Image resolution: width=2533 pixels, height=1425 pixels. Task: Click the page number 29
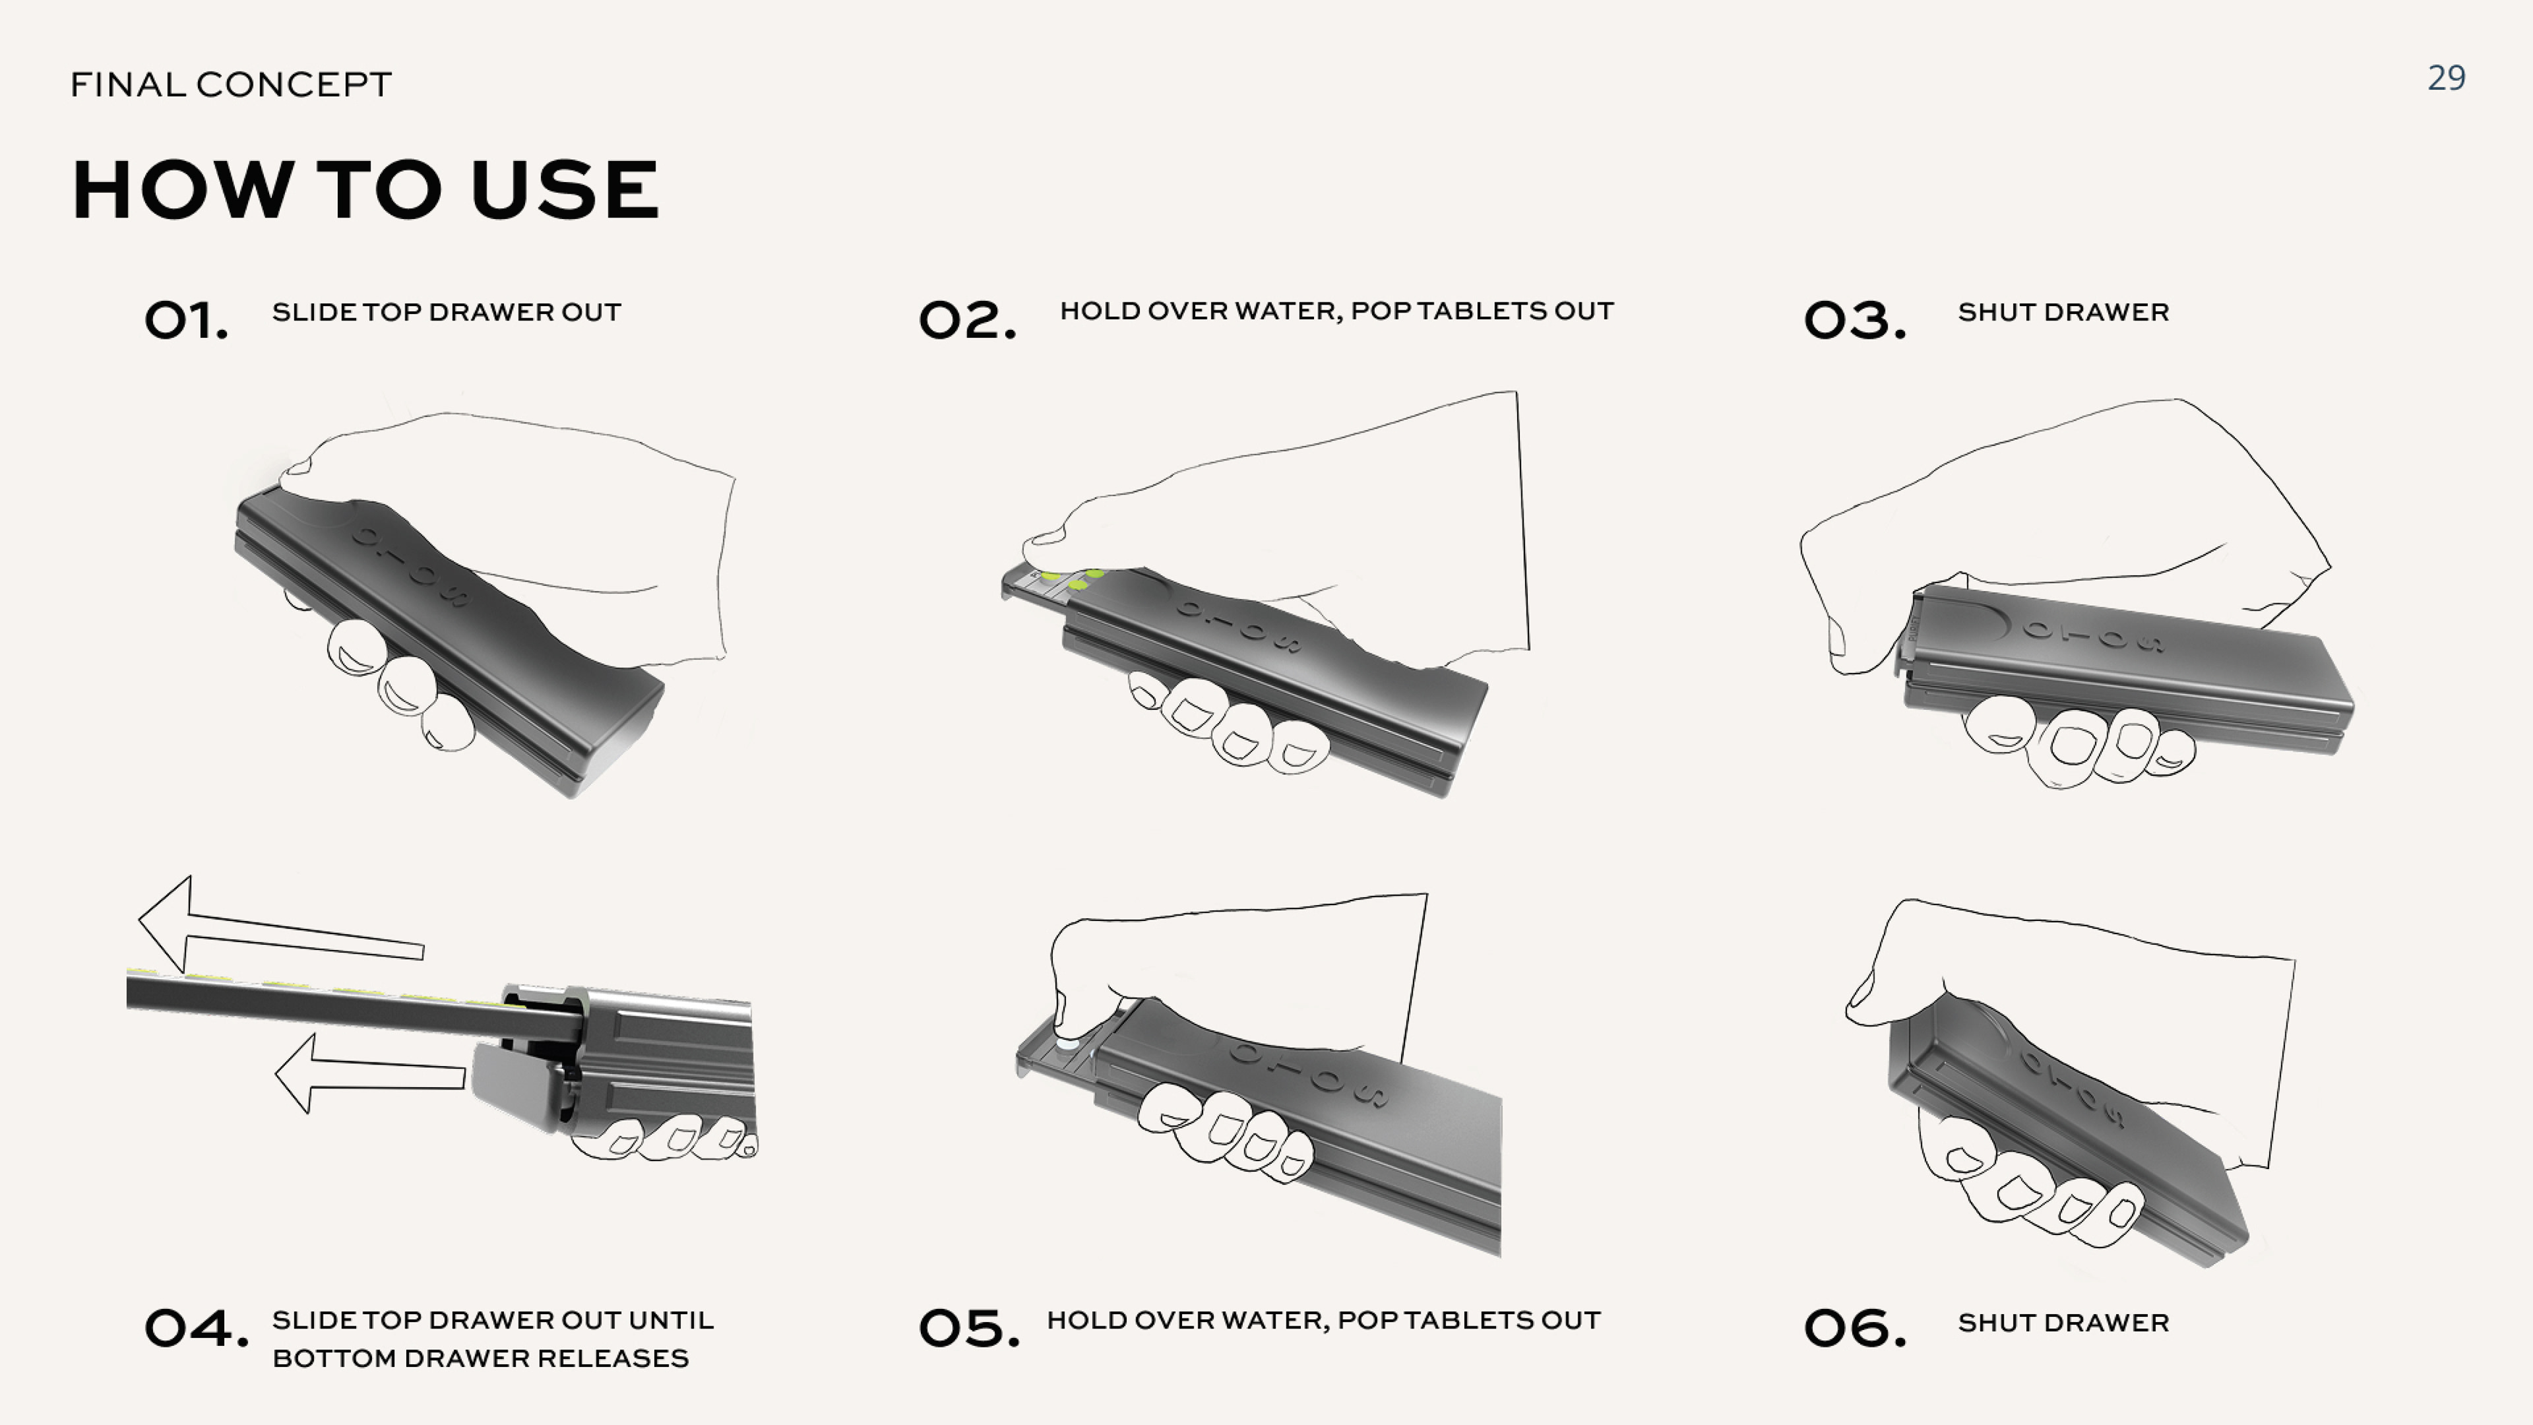(x=2445, y=78)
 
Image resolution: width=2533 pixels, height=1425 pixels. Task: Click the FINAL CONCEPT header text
(x=231, y=84)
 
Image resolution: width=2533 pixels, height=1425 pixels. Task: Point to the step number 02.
(x=966, y=321)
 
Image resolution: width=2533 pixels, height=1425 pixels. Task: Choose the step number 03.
(x=1854, y=321)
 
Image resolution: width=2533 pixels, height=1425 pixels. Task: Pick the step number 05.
(x=968, y=1329)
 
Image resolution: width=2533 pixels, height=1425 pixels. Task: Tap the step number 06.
(x=1854, y=1329)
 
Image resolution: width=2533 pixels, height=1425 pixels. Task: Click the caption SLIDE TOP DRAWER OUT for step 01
(x=447, y=313)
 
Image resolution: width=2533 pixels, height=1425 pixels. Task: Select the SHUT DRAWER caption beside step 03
(x=2063, y=313)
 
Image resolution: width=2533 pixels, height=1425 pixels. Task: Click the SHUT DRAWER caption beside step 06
(x=2063, y=1323)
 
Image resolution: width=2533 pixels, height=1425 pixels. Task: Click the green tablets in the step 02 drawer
(x=1072, y=579)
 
